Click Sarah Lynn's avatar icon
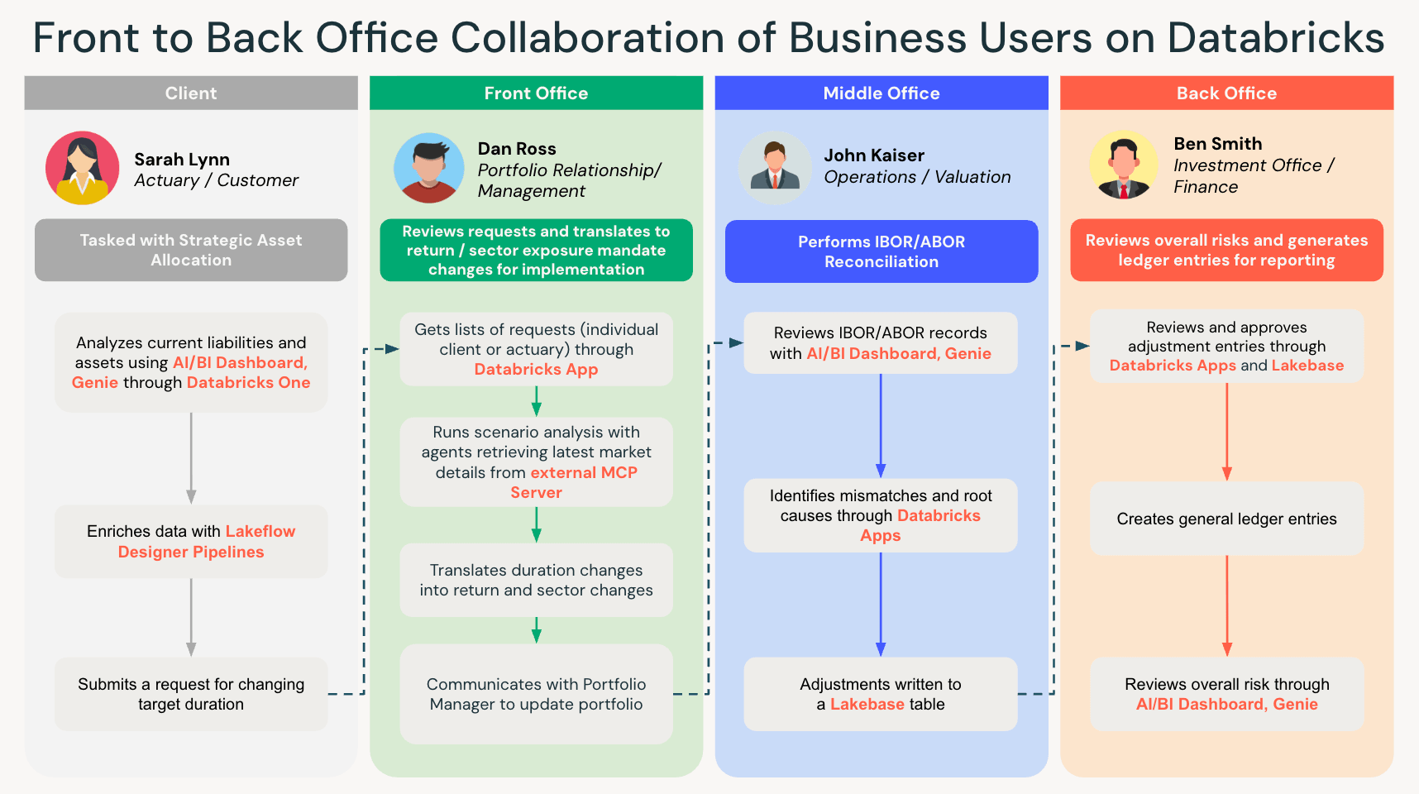(x=82, y=168)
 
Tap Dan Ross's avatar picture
(x=428, y=168)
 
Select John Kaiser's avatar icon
(x=774, y=168)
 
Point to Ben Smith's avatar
(x=1123, y=165)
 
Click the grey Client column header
(x=191, y=93)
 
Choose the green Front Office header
(x=536, y=93)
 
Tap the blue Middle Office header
(x=881, y=93)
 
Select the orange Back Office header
(x=1226, y=93)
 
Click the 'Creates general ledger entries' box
(x=1226, y=519)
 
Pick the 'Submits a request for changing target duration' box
(x=191, y=694)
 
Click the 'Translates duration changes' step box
(x=536, y=580)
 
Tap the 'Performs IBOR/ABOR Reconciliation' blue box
(x=881, y=251)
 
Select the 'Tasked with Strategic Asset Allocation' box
(x=191, y=250)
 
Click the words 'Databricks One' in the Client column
(x=248, y=383)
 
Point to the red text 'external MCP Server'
(x=583, y=473)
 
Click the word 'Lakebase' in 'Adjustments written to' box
(x=867, y=705)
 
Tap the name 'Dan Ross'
(x=517, y=149)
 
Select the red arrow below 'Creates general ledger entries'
(x=1226, y=605)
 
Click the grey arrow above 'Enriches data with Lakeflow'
(x=191, y=458)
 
